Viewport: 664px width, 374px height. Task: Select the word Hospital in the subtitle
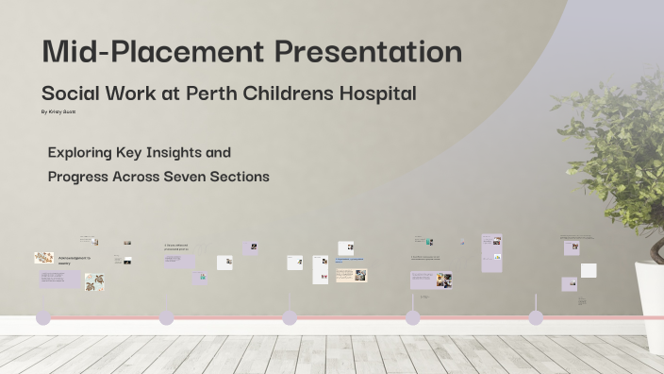tap(380, 93)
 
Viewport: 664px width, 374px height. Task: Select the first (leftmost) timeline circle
tap(42, 318)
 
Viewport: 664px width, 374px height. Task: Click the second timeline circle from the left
tap(166, 318)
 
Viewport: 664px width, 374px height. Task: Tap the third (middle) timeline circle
tap(290, 318)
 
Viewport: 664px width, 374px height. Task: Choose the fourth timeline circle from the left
tap(412, 318)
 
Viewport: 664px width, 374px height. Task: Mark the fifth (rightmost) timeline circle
tap(536, 318)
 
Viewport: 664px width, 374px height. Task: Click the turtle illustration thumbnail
tap(93, 280)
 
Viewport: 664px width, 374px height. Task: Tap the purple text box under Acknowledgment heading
tap(59, 280)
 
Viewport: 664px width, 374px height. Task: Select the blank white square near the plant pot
tap(589, 270)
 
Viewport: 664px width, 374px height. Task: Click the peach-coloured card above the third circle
tap(351, 275)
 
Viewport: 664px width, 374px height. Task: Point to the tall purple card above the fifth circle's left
tap(491, 253)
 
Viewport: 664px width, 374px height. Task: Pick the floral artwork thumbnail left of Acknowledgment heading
tap(43, 257)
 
